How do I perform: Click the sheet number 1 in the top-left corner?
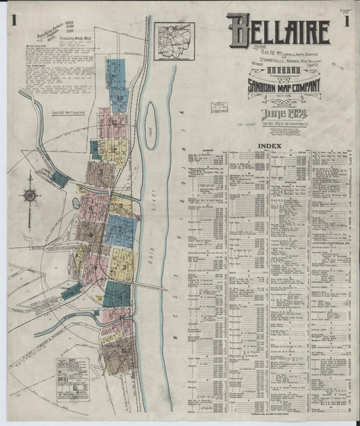coord(14,20)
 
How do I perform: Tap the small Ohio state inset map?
coord(174,41)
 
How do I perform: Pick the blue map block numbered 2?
coord(122,230)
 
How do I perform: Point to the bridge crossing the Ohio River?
coord(152,288)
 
